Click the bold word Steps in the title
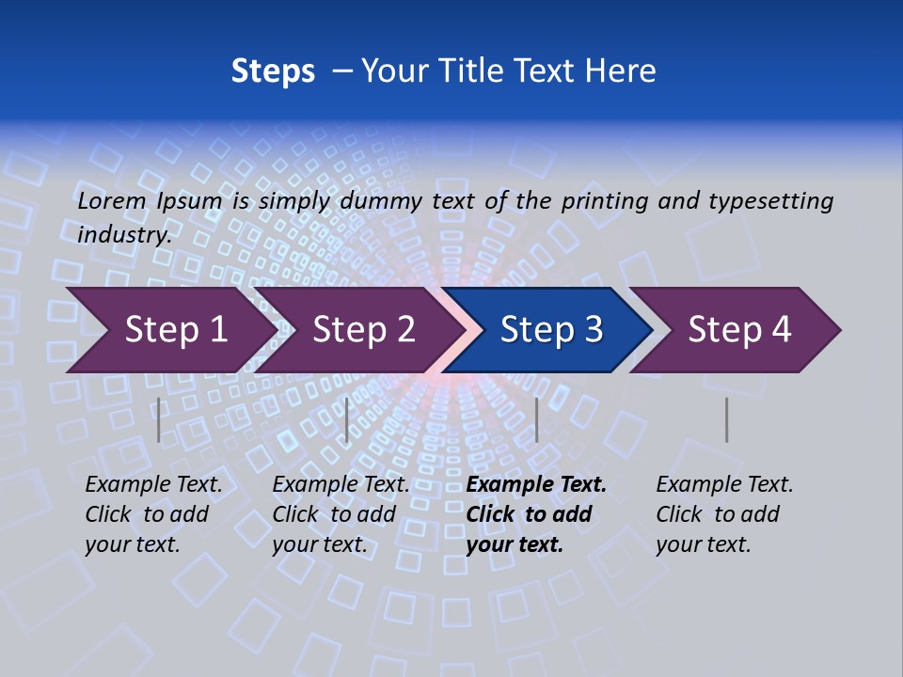[273, 71]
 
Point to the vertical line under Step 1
[159, 419]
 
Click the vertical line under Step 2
[347, 419]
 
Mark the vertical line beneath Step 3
[536, 419]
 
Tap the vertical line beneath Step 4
[726, 419]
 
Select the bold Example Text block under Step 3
[536, 514]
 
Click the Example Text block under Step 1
[154, 514]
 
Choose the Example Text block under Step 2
[341, 514]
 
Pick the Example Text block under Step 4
[724, 514]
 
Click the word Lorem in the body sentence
[112, 201]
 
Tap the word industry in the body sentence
[123, 235]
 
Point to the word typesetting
[770, 201]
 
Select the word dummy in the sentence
[382, 201]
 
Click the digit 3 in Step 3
[593, 329]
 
